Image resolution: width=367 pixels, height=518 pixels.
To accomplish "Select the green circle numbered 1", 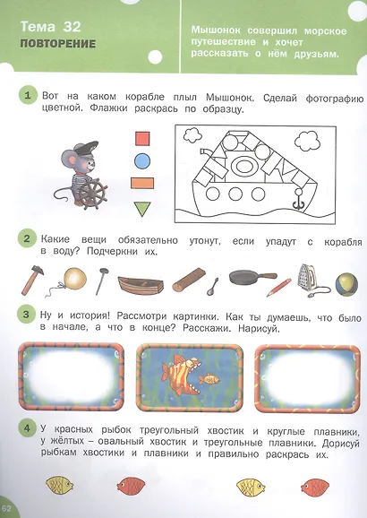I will tap(29, 96).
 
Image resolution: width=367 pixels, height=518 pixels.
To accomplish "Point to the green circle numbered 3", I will tap(29, 315).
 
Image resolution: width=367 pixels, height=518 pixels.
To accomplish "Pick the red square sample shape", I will tap(141, 139).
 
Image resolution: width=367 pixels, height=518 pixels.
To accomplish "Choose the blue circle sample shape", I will tap(141, 162).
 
